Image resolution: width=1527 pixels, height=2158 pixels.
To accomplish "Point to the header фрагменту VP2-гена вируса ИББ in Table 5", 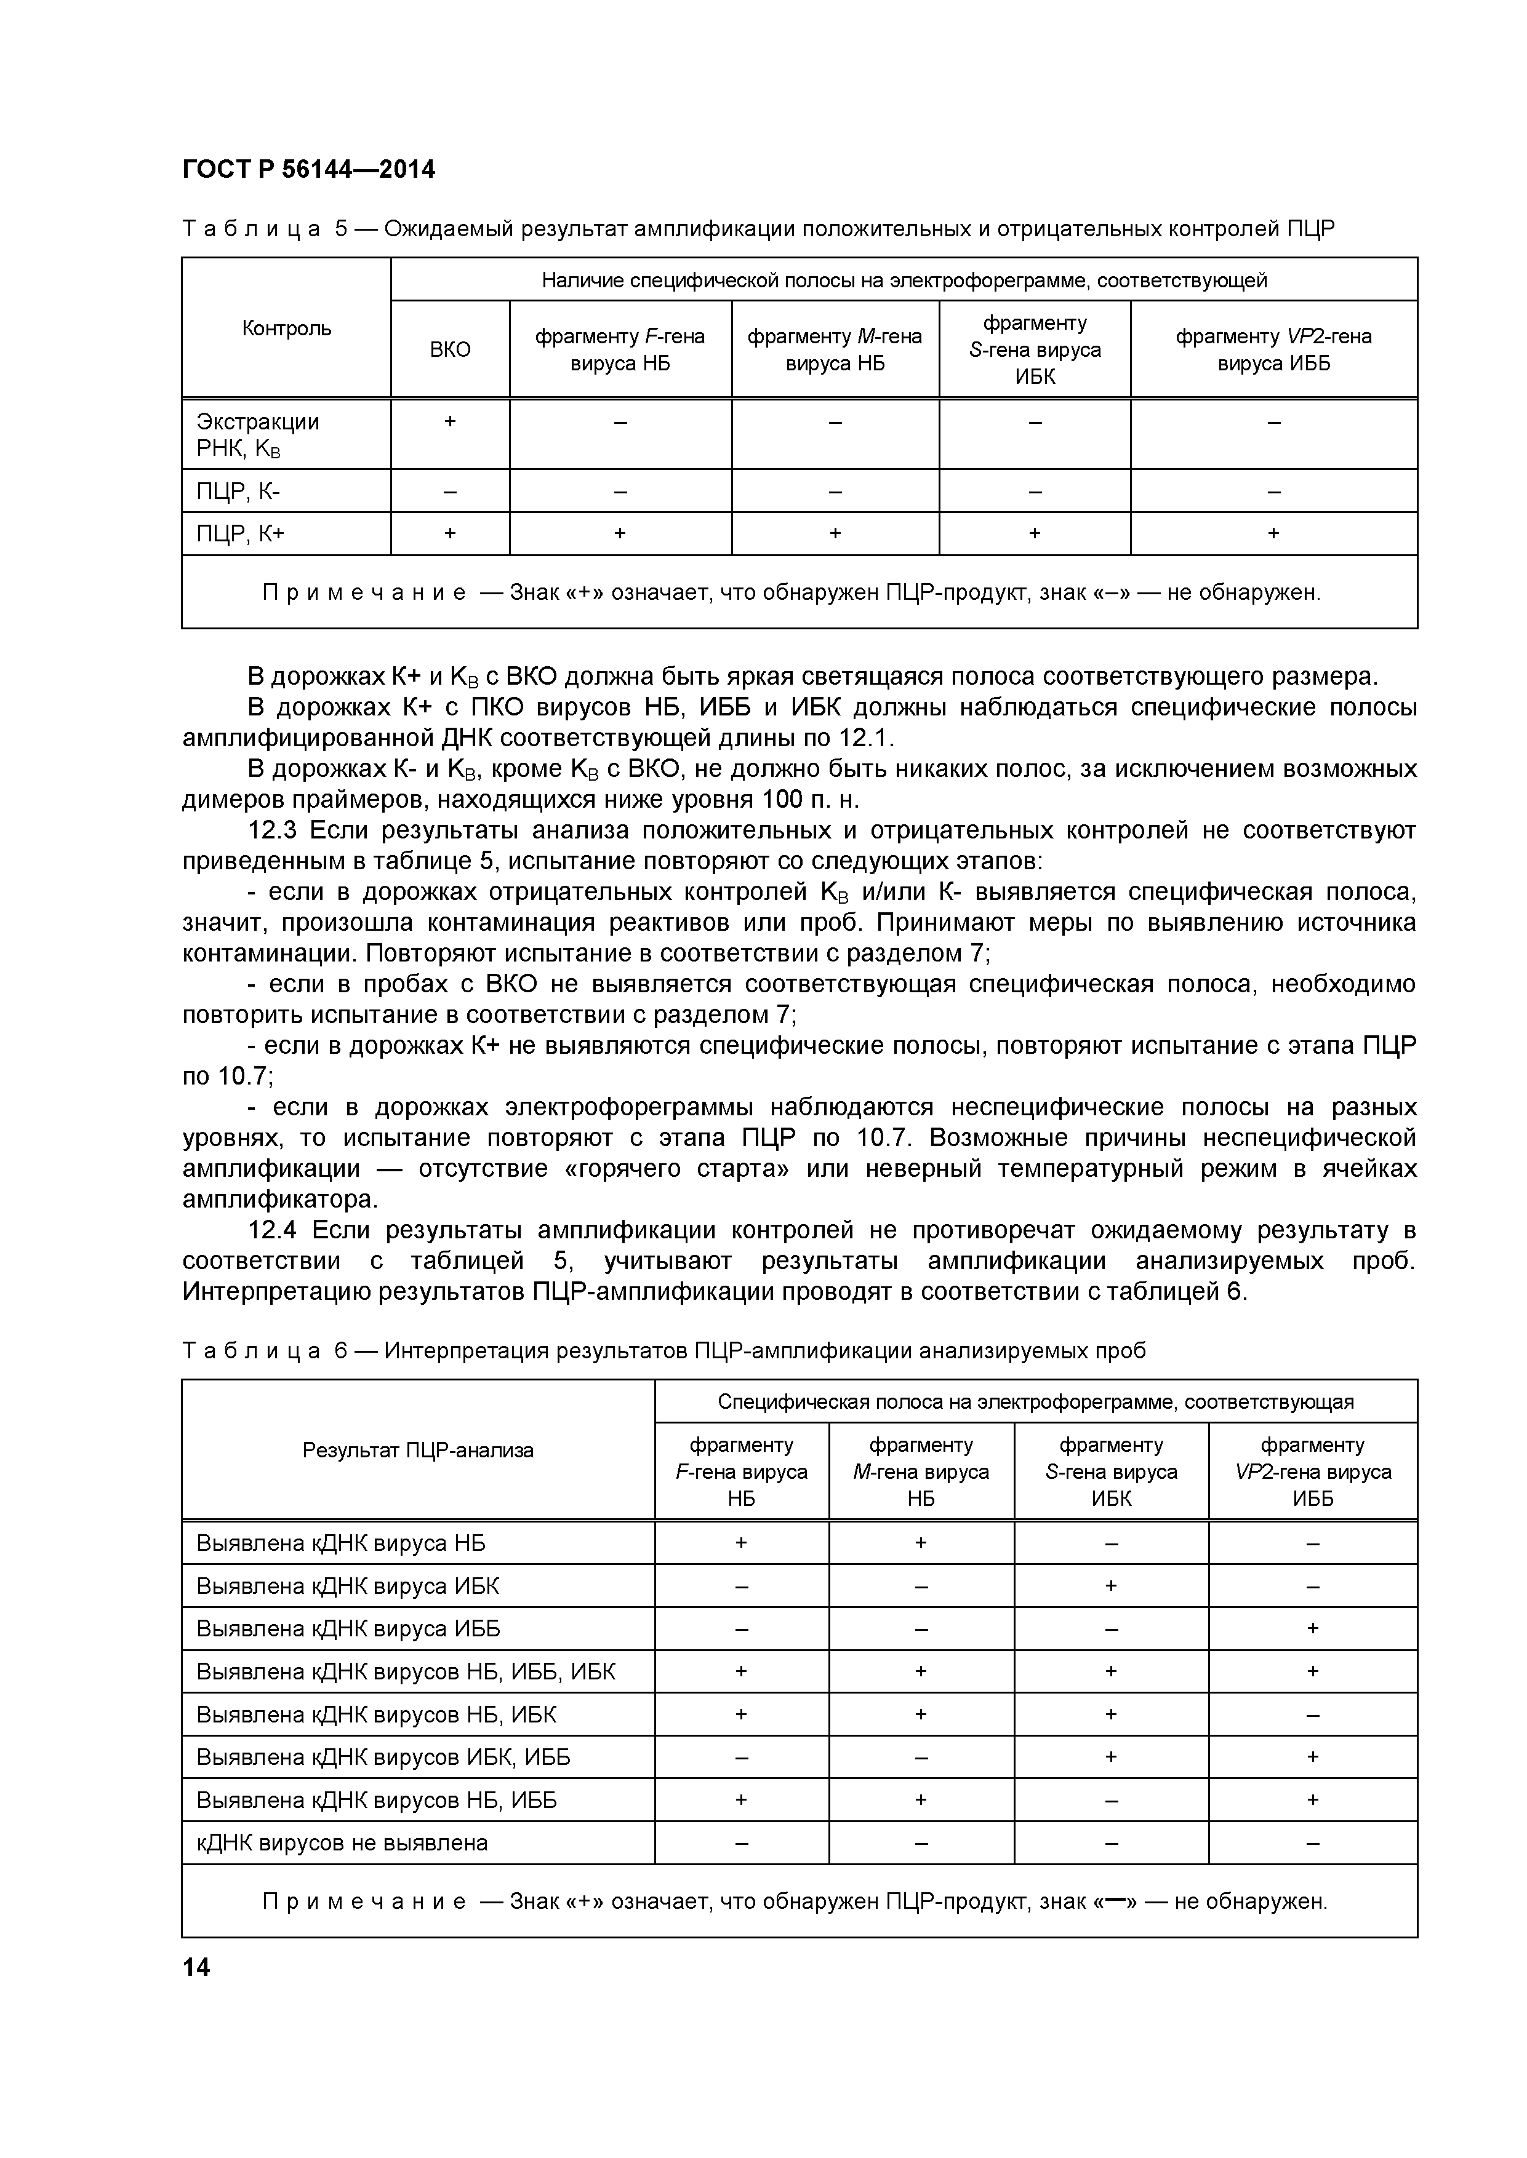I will pos(1273,349).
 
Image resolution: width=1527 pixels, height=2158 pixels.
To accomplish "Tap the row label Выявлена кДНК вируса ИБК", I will pos(348,1587).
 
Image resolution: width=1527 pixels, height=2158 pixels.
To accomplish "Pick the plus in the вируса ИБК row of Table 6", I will pos(1110,1586).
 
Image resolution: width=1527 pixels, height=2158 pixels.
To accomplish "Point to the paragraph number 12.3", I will pos(272,831).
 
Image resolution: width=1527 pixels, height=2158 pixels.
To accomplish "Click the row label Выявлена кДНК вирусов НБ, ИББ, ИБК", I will pos(406,1671).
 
